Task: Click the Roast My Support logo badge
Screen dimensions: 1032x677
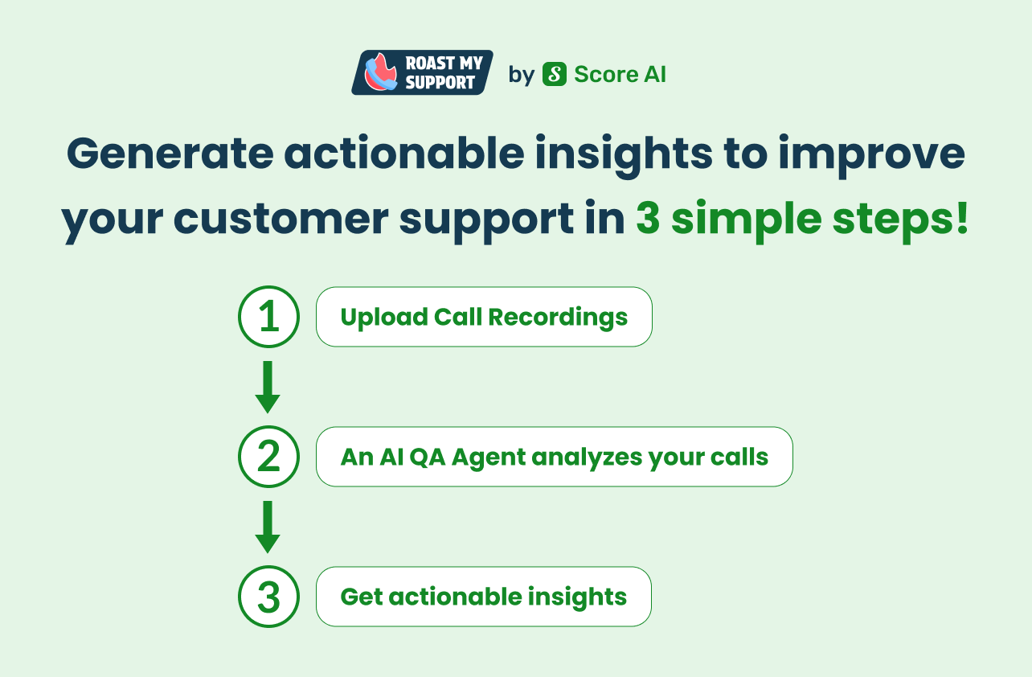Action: (x=422, y=72)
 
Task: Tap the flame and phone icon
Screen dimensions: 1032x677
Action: (x=380, y=72)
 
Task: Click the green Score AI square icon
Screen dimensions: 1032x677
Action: (x=555, y=74)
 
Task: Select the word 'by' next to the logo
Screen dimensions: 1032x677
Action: (x=522, y=75)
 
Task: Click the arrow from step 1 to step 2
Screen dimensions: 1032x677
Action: (x=268, y=387)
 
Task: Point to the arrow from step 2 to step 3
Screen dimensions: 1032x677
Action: (x=268, y=527)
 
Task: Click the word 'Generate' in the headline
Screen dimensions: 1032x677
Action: (x=170, y=153)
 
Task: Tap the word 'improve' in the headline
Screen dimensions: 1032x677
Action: (x=872, y=155)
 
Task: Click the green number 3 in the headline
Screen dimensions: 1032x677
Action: (x=648, y=218)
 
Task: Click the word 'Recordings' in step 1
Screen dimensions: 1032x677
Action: (x=558, y=318)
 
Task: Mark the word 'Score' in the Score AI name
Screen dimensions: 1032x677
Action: (x=605, y=74)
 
